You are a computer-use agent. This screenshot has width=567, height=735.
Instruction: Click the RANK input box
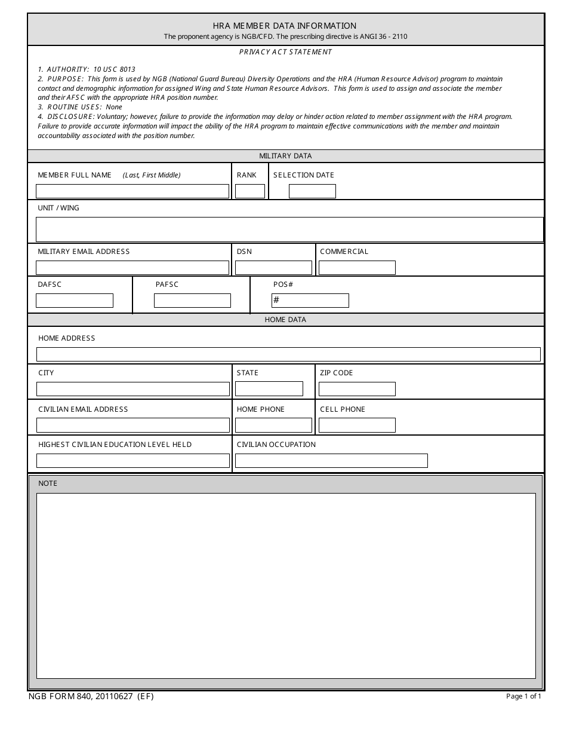click(x=250, y=191)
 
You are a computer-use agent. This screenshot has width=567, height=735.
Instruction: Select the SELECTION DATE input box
click(x=312, y=191)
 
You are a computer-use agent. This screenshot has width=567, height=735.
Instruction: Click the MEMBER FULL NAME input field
click(x=132, y=191)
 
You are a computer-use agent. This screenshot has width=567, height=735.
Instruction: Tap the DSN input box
click(x=273, y=268)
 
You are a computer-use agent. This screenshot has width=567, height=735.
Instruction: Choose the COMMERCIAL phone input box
click(x=357, y=268)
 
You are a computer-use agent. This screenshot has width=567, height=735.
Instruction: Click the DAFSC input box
click(x=75, y=301)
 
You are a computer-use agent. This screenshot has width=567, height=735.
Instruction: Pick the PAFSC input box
click(x=192, y=301)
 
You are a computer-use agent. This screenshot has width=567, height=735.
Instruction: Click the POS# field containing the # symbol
click(x=310, y=301)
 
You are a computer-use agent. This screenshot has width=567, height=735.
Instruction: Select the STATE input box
click(x=269, y=389)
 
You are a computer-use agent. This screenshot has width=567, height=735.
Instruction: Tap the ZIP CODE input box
click(x=357, y=389)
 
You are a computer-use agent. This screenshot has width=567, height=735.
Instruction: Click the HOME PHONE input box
click(x=273, y=425)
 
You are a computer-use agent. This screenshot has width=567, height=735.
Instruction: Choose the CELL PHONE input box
click(x=357, y=425)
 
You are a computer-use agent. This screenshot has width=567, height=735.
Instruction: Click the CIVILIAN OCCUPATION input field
click(x=331, y=461)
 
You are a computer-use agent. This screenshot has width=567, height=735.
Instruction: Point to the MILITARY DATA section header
click(x=285, y=156)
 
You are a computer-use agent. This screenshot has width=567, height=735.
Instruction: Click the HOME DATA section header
click(x=285, y=320)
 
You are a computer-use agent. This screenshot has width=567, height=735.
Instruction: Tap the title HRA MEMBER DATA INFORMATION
click(x=285, y=26)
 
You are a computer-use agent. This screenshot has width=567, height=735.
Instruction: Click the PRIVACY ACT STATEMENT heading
click(x=285, y=52)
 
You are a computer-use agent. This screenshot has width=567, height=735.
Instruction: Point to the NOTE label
click(x=48, y=483)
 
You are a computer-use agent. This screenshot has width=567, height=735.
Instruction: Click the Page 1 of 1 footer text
click(x=523, y=696)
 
